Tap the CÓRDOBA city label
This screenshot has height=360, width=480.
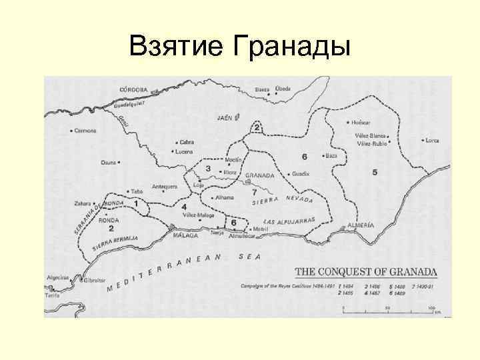tap(133, 89)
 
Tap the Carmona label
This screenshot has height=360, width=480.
tap(86, 131)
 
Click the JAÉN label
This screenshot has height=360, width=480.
tap(224, 118)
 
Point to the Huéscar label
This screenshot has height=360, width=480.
tap(361, 123)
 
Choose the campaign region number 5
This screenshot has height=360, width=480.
tap(375, 172)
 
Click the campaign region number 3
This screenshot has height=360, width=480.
tap(208, 169)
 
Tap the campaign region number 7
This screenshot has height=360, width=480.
tap(254, 192)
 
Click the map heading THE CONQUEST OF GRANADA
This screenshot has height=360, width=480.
tap(366, 272)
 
